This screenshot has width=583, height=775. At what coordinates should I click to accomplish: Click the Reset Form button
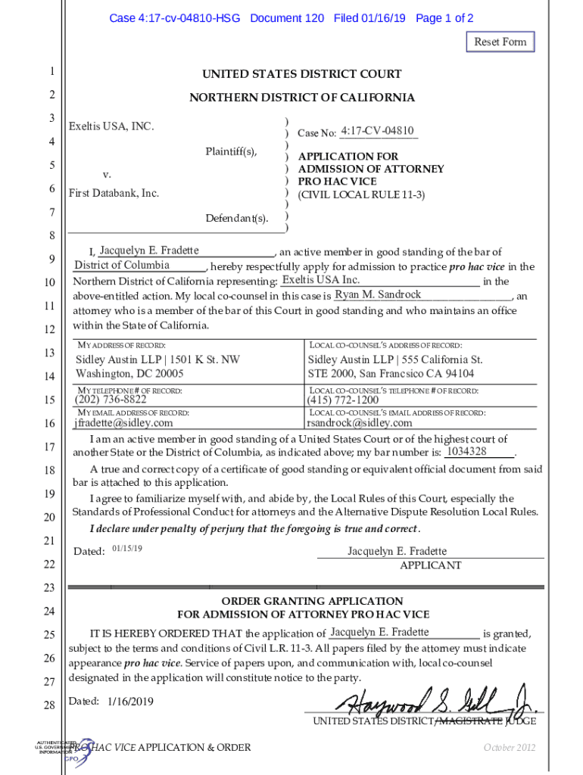[x=500, y=42]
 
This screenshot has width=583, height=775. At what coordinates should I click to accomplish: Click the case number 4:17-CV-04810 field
[x=377, y=132]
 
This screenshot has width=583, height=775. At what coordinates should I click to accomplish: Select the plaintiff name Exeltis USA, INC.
[x=111, y=126]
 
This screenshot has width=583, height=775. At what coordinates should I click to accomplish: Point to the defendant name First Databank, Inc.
[x=114, y=194]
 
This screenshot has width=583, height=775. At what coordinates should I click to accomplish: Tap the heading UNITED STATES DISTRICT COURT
[x=301, y=74]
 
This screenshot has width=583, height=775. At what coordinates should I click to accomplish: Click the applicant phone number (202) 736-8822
[x=111, y=400]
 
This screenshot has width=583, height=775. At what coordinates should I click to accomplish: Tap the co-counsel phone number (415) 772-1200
[x=342, y=400]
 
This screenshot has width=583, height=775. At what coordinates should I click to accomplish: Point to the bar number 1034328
[x=466, y=452]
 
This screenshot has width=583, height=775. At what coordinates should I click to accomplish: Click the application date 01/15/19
[x=127, y=547]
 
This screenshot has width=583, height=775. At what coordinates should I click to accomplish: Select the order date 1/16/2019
[x=130, y=702]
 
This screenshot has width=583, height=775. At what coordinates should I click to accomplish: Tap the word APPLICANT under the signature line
[x=430, y=565]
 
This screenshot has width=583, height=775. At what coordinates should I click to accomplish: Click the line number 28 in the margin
[x=50, y=705]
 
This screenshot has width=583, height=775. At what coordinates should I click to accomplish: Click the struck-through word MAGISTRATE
[x=470, y=721]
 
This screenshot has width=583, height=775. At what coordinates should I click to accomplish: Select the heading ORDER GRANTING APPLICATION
[x=301, y=601]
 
